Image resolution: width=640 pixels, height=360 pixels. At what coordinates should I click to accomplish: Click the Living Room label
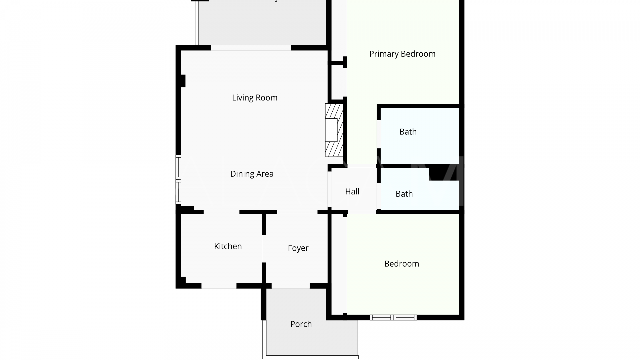tap(255, 98)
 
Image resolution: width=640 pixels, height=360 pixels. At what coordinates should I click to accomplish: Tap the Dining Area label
tap(252, 174)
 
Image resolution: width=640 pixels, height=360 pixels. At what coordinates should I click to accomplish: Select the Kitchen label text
tap(228, 246)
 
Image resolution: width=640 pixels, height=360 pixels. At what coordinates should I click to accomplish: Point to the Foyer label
tap(298, 248)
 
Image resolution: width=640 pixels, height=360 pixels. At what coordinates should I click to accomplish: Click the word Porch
tap(301, 324)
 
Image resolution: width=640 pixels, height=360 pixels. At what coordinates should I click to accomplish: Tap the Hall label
tap(352, 192)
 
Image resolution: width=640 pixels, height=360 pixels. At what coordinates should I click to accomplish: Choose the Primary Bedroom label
tap(402, 54)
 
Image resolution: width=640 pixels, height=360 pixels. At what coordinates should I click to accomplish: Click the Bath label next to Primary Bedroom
tap(408, 132)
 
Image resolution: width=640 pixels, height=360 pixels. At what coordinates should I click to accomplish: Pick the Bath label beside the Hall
tap(404, 194)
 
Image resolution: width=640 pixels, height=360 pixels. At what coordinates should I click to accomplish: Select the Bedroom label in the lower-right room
tap(401, 264)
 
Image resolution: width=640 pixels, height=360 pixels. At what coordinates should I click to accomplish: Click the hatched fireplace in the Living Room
tap(334, 130)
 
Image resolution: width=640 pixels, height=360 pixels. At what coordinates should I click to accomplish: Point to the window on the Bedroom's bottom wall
tap(393, 317)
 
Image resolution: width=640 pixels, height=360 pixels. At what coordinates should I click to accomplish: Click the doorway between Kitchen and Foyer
tap(264, 249)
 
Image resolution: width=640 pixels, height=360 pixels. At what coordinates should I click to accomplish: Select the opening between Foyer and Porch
tap(290, 286)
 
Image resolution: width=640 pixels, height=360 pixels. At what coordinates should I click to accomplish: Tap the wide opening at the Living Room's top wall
tap(251, 48)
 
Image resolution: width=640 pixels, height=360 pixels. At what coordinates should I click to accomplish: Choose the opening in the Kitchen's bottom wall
tap(219, 286)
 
